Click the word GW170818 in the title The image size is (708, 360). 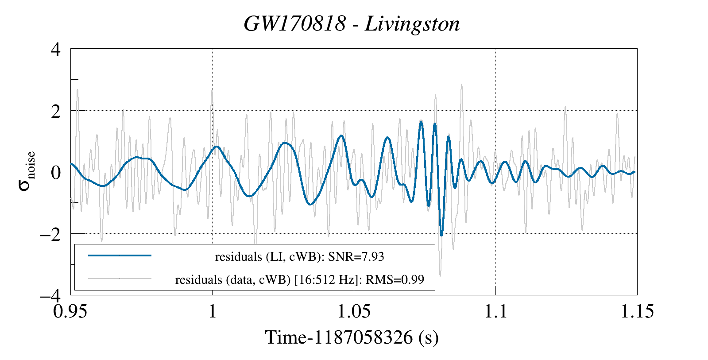(x=294, y=24)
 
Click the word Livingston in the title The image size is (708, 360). (x=412, y=24)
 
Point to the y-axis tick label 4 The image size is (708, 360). (x=55, y=49)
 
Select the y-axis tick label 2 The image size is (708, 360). (x=55, y=111)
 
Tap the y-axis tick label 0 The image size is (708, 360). (x=55, y=172)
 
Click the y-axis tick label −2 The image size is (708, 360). (x=50, y=234)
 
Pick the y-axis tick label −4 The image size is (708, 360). (x=50, y=295)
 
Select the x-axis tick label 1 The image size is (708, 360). (x=213, y=311)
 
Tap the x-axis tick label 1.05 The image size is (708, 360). (x=354, y=311)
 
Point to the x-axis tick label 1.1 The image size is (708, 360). (x=495, y=311)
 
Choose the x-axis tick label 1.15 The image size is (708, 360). (x=637, y=311)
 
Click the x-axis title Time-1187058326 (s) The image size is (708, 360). (x=352, y=337)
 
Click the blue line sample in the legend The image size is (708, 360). (x=120, y=255)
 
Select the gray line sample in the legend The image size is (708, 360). (x=120, y=279)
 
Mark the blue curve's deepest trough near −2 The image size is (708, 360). (x=441, y=235)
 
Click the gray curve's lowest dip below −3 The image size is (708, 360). (x=440, y=275)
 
